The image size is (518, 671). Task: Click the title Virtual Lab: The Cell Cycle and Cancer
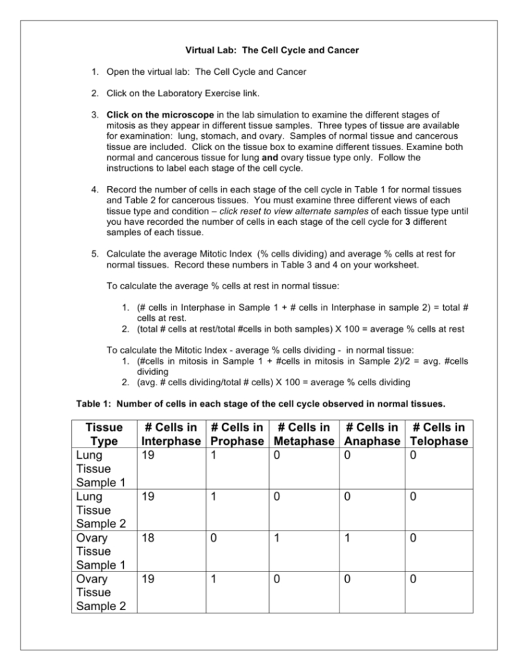click(259, 50)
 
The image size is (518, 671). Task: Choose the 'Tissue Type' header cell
click(102, 434)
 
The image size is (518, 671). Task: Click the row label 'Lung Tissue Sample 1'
click(98, 470)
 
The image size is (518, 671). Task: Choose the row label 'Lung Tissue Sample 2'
click(98, 511)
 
